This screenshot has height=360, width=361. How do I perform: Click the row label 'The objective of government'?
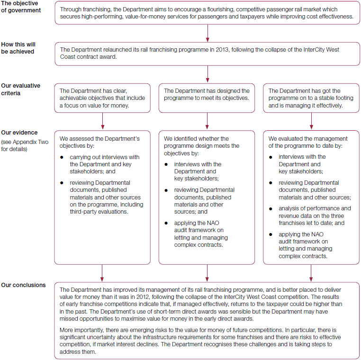click(x=21, y=7)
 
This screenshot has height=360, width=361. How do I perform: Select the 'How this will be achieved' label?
click(x=18, y=48)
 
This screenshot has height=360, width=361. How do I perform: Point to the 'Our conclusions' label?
click(x=23, y=285)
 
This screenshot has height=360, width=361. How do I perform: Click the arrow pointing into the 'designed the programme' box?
click(x=208, y=74)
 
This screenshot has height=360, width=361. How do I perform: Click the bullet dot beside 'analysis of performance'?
click(x=271, y=208)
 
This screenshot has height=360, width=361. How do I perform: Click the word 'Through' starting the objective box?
click(x=71, y=9)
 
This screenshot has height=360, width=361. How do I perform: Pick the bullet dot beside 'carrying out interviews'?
click(x=63, y=157)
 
